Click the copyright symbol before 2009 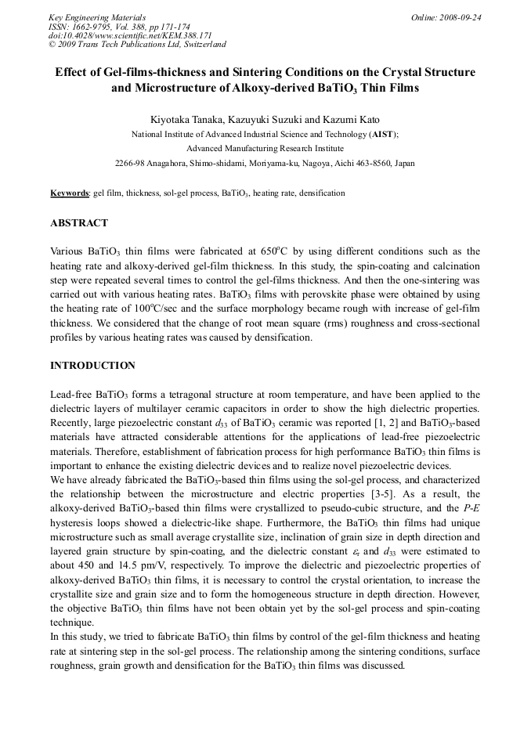(52, 45)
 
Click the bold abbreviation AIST (382, 134)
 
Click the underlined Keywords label (69, 193)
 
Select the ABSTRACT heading (79, 223)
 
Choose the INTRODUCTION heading (92, 366)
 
